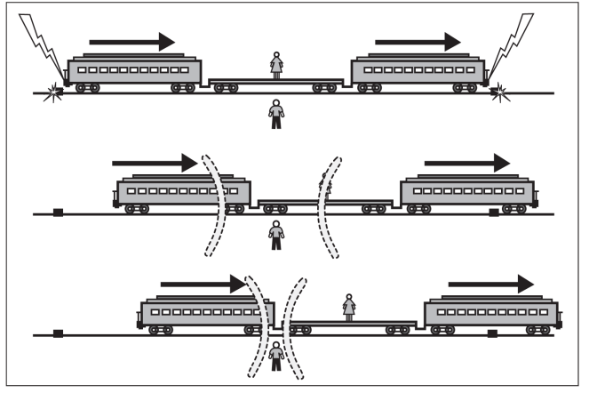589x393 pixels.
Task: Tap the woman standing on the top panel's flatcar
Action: (277, 65)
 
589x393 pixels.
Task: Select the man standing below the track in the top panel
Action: (277, 113)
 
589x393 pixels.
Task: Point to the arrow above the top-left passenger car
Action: (133, 41)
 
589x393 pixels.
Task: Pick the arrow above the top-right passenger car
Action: (418, 41)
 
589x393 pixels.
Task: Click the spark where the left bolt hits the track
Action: (59, 90)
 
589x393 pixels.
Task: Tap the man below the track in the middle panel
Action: (277, 235)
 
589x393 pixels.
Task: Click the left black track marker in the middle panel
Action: (58, 212)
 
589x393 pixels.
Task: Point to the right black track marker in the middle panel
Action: (494, 212)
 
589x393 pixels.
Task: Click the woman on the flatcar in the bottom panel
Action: (349, 307)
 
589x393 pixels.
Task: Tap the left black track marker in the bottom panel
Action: (58, 333)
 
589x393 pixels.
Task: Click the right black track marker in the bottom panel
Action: (492, 333)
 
